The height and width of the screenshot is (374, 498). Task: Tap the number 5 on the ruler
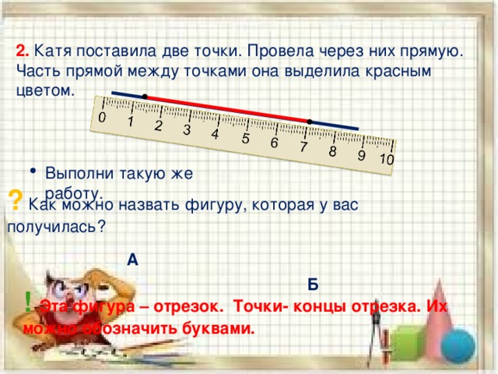[x=245, y=139]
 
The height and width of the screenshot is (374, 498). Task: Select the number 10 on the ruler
[x=387, y=160]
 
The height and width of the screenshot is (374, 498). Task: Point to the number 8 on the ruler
[x=332, y=151]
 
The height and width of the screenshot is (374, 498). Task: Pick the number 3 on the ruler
[x=187, y=130]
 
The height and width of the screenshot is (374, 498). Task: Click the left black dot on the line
[x=146, y=96]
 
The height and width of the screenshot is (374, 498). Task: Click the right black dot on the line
[x=310, y=121]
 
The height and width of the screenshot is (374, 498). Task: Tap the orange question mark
[x=15, y=199]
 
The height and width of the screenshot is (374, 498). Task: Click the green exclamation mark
[x=28, y=300]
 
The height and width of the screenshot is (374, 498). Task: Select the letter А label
[x=132, y=260]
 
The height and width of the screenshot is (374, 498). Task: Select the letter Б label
[x=312, y=284]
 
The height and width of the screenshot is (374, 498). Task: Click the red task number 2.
[x=23, y=51]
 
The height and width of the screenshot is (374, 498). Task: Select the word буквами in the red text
[x=221, y=327]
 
